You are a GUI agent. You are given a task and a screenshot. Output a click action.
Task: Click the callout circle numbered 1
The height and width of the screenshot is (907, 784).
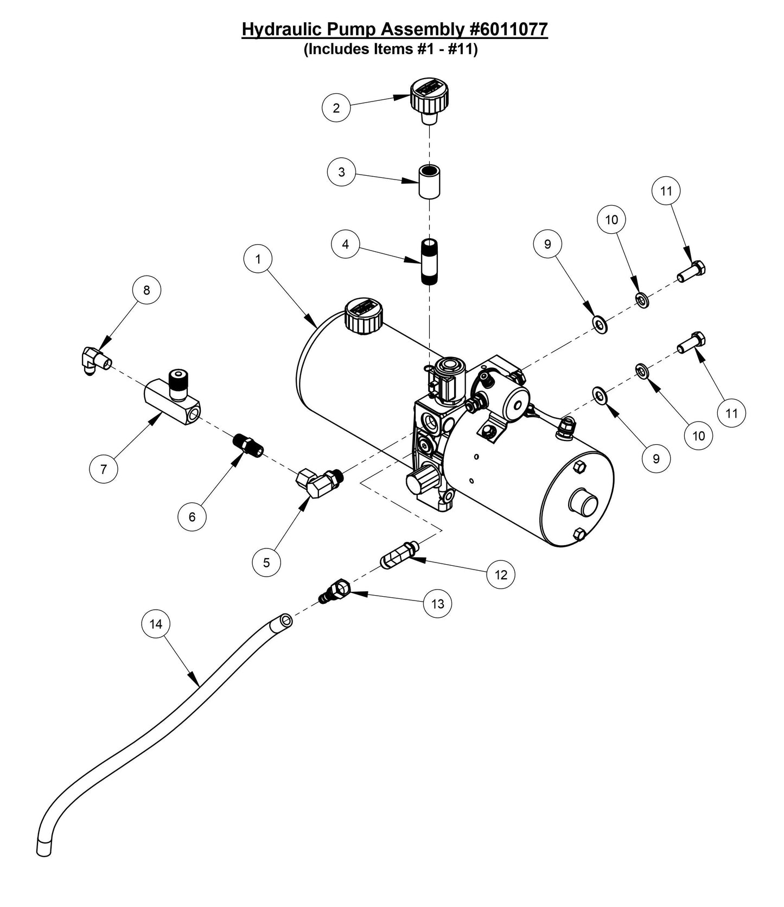[x=258, y=259]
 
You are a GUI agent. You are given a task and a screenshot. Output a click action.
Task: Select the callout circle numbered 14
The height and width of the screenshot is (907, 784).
[x=156, y=624]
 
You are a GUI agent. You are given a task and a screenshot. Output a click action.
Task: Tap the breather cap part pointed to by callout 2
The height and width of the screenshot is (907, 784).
[x=429, y=98]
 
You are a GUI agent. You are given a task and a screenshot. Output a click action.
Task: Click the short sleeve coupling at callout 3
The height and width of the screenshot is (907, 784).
[x=429, y=182]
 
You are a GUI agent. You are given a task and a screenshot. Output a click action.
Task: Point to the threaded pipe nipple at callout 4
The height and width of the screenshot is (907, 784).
[x=429, y=261]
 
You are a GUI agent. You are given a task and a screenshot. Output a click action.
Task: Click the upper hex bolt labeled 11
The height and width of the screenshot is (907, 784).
[x=692, y=271]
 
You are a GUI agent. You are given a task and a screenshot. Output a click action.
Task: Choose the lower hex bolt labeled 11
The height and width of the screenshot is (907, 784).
[x=692, y=342]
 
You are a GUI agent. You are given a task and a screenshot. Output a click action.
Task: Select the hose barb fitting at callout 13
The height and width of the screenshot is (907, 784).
[x=335, y=592]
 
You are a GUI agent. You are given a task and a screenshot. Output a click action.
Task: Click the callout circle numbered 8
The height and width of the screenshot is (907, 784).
[x=146, y=290]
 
